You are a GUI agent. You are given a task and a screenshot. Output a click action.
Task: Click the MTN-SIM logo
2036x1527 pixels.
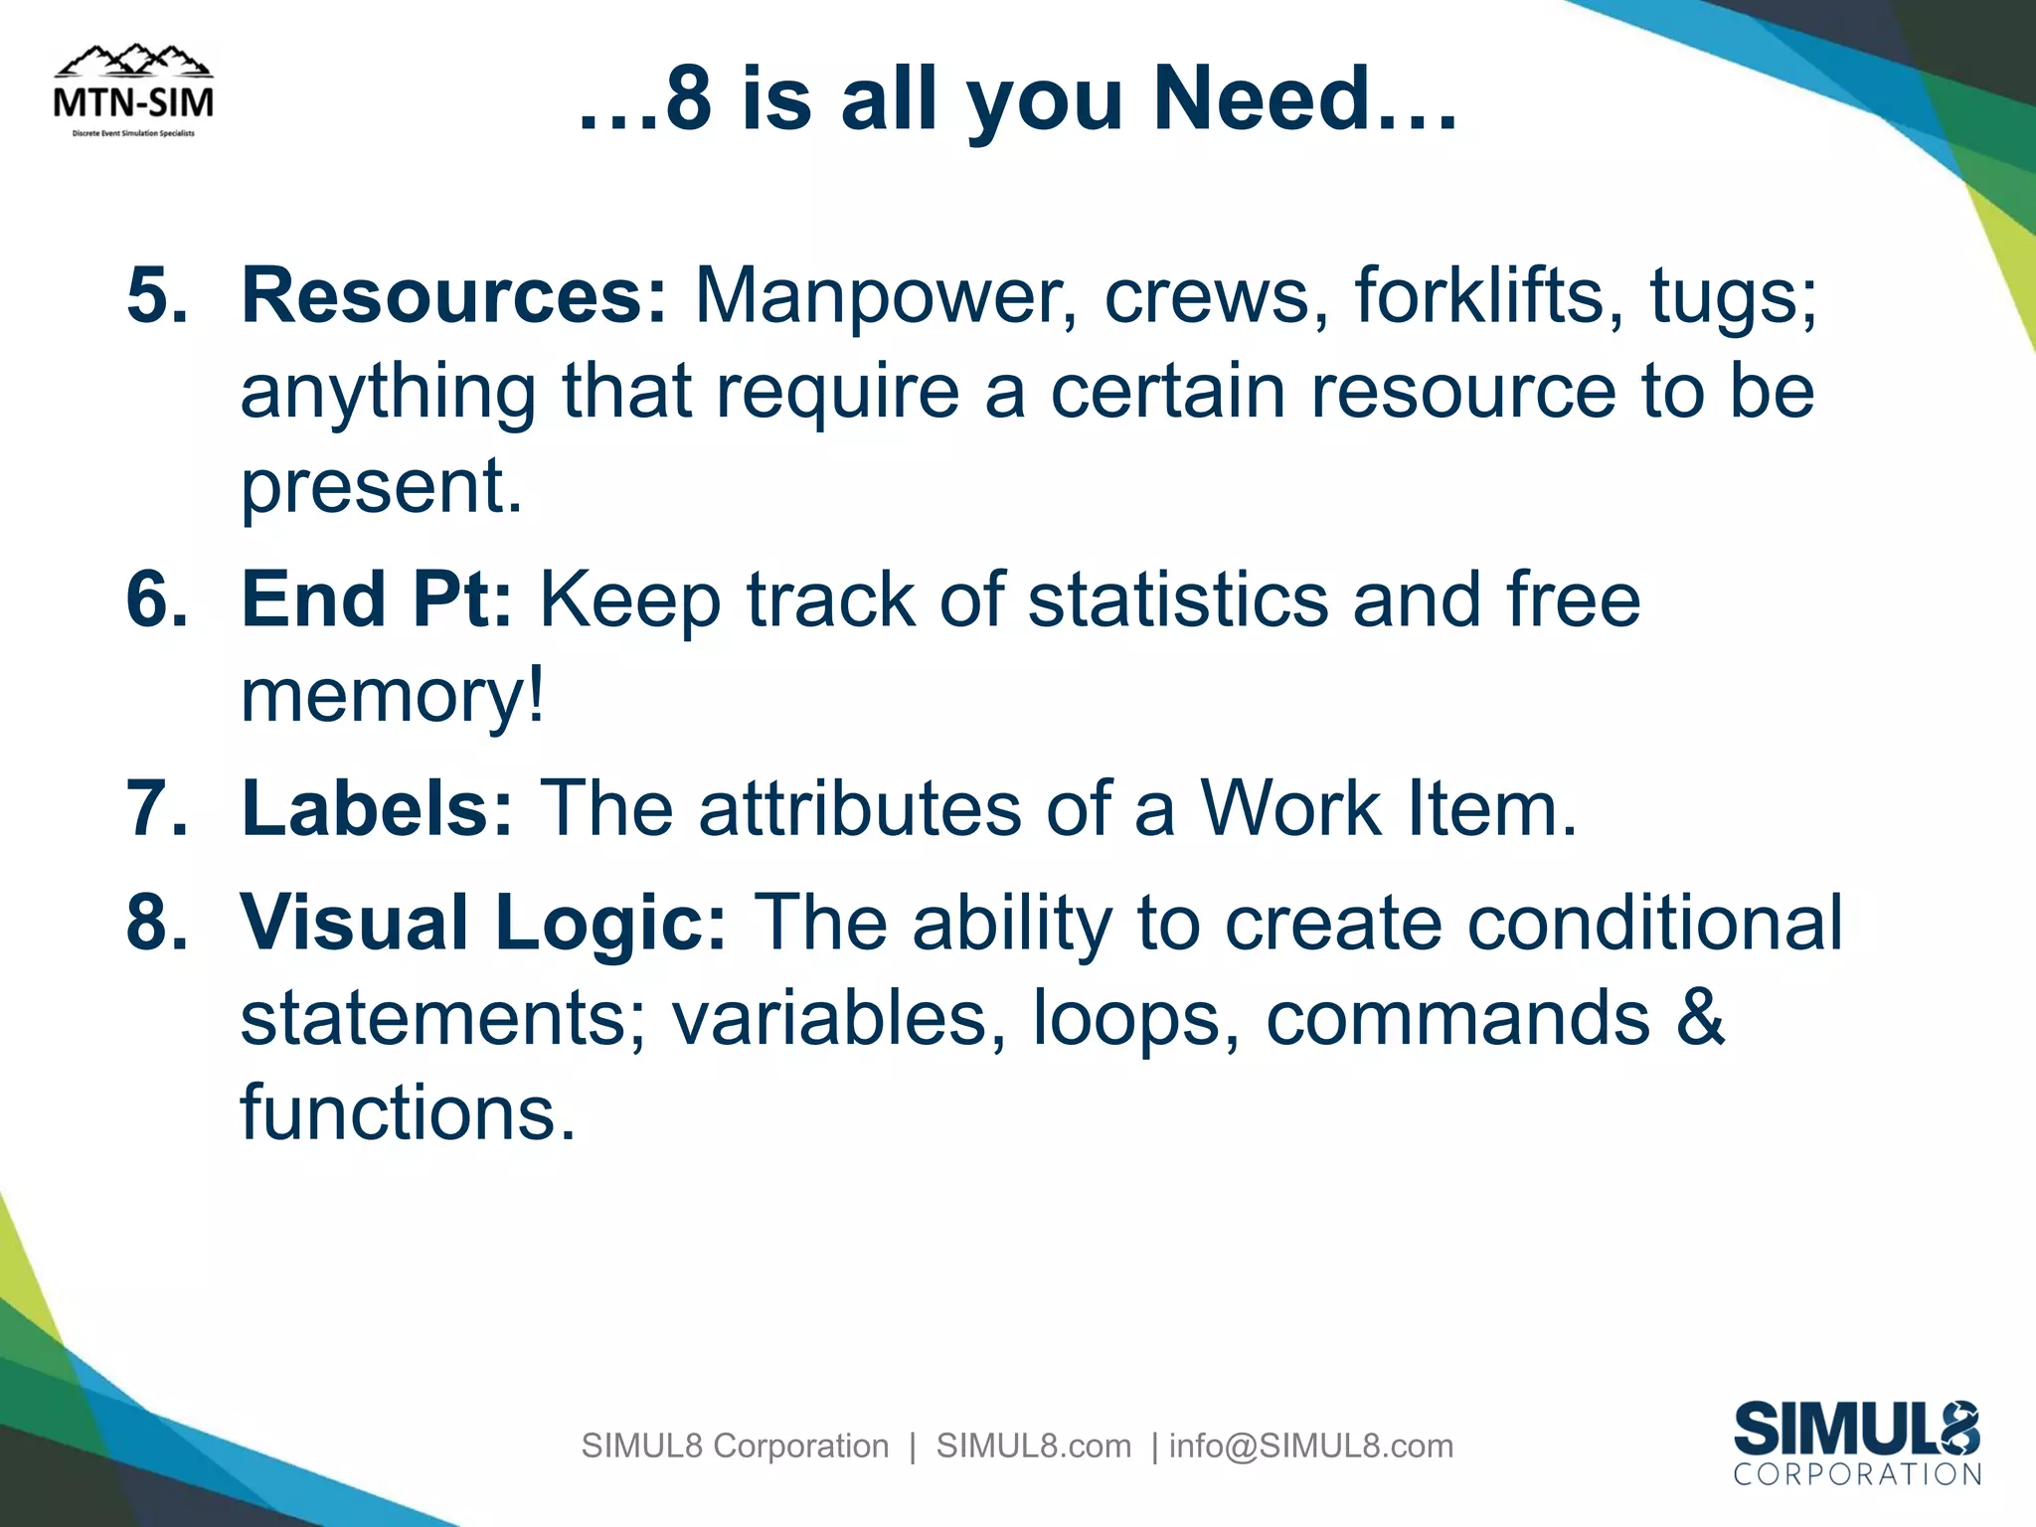pyautogui.click(x=133, y=91)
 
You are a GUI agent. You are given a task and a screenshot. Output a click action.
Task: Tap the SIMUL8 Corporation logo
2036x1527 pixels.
pyautogui.click(x=1857, y=1443)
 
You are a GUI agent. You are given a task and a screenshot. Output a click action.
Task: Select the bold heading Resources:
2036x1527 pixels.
pyautogui.click(x=453, y=295)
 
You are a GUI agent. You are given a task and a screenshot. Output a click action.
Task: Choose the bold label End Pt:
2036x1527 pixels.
pyautogui.click(x=377, y=599)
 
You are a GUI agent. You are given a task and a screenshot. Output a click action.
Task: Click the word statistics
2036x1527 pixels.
pyautogui.click(x=1177, y=599)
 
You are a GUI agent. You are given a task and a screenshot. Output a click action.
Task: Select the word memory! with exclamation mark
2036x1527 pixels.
pyautogui.click(x=393, y=695)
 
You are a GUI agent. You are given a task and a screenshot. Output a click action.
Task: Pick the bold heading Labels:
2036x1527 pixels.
pyautogui.click(x=377, y=808)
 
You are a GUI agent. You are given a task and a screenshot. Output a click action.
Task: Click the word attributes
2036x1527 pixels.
pyautogui.click(x=859, y=808)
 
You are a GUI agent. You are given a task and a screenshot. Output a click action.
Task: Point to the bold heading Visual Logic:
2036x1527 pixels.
pyautogui.click(x=483, y=923)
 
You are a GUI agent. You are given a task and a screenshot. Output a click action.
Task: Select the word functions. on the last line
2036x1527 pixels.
pyautogui.click(x=408, y=1112)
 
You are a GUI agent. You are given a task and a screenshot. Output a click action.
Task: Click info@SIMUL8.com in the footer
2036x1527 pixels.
pyautogui.click(x=1310, y=1445)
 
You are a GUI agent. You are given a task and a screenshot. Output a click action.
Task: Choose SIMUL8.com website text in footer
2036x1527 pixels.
pyautogui.click(x=1033, y=1445)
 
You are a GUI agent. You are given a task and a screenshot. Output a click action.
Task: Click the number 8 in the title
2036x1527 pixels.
pyautogui.click(x=689, y=99)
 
